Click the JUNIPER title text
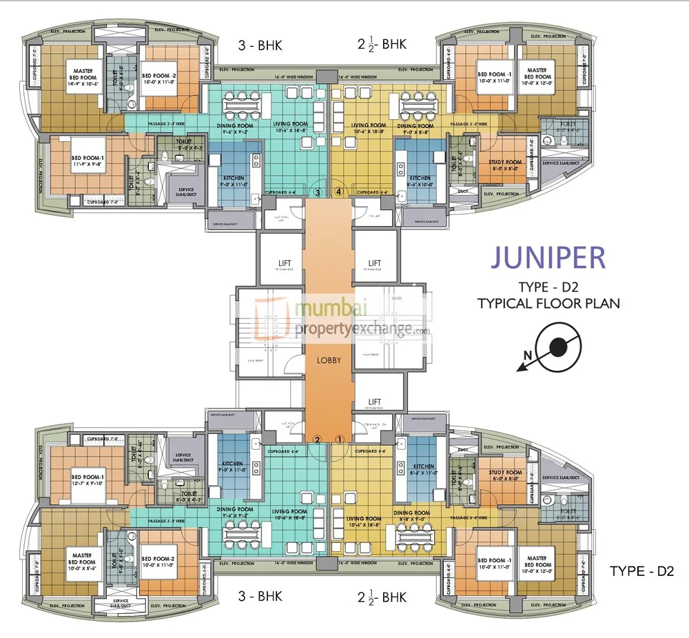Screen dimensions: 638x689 click(548, 257)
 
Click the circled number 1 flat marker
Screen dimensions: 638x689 click(339, 439)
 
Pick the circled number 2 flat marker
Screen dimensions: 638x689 click(318, 439)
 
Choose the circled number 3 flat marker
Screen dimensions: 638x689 click(318, 192)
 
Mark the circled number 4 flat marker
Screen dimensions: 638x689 click(338, 192)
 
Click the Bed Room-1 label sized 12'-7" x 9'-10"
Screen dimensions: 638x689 click(88, 480)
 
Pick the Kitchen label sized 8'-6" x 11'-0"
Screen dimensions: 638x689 click(423, 470)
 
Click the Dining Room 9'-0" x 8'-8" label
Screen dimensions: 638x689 click(415, 129)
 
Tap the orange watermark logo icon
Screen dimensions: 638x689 click(271, 318)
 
